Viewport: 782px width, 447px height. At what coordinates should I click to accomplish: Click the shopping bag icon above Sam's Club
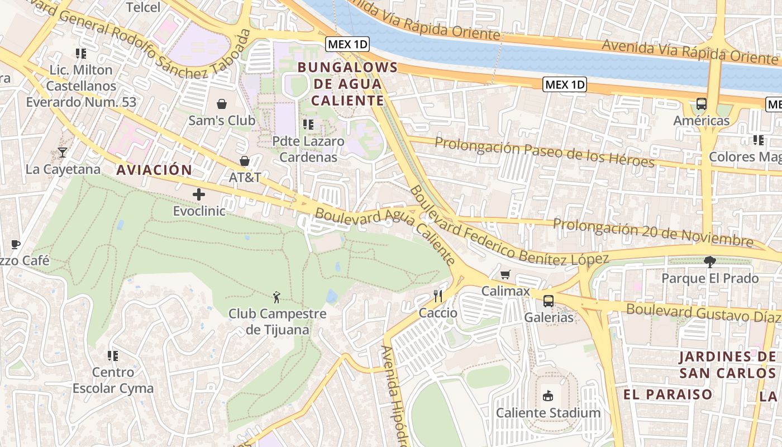(x=222, y=104)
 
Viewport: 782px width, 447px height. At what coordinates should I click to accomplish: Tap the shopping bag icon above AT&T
(x=244, y=161)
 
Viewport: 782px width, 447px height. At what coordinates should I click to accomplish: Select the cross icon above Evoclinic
(x=198, y=194)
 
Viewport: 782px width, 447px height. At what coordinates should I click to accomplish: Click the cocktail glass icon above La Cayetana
(x=62, y=153)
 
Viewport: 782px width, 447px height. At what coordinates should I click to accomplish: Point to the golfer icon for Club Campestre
(x=276, y=297)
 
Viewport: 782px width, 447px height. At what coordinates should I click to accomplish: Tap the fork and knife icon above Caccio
(x=438, y=296)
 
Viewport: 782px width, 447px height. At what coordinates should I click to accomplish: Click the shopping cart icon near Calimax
(x=506, y=274)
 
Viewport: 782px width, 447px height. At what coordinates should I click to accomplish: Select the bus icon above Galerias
(x=549, y=301)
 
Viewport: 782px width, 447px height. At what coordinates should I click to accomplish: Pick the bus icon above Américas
(x=701, y=104)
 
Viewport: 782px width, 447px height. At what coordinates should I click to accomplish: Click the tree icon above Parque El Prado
(x=709, y=261)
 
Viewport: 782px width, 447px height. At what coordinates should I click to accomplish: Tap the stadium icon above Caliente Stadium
(x=548, y=396)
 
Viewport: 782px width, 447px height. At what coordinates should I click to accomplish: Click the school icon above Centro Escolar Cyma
(x=112, y=355)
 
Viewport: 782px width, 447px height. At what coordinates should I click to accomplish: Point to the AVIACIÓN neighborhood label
(x=154, y=170)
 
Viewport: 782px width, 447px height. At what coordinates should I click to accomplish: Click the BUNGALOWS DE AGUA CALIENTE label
(x=347, y=84)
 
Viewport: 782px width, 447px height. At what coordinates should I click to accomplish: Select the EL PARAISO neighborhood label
(x=668, y=394)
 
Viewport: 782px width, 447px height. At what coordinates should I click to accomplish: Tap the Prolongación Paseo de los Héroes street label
(x=544, y=153)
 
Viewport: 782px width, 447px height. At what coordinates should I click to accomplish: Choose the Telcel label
(x=143, y=7)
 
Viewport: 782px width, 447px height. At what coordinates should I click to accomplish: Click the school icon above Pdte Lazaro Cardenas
(x=308, y=124)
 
